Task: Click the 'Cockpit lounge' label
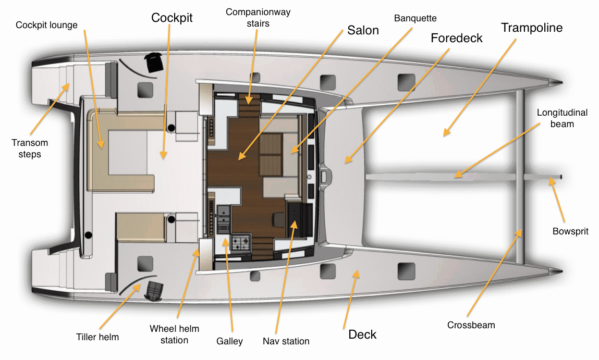[46, 25]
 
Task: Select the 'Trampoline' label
[532, 28]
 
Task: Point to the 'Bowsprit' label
[570, 231]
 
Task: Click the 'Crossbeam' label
[471, 325]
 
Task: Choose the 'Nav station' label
[286, 341]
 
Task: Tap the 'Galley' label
[229, 341]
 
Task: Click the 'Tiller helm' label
[97, 337]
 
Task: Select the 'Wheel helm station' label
[174, 334]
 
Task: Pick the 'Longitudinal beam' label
[562, 118]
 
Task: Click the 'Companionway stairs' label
[258, 18]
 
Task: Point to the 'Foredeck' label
[457, 38]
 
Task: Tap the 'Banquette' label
[415, 18]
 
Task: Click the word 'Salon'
[363, 30]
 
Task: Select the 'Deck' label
[362, 334]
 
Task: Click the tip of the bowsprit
[561, 177]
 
